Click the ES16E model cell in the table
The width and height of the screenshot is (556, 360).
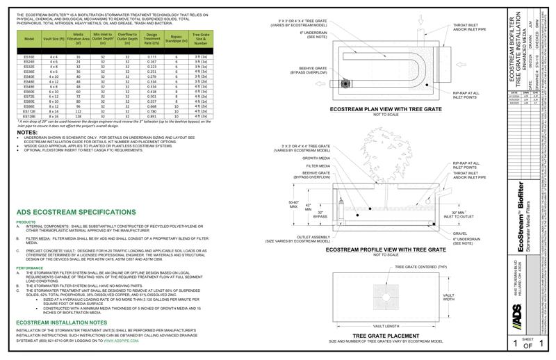(x=28, y=56)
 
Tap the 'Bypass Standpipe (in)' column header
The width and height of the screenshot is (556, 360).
(x=177, y=38)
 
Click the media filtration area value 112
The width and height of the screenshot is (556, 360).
(x=79, y=111)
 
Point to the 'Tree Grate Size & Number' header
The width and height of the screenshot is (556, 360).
(x=202, y=38)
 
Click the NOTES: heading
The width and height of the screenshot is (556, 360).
(x=28, y=132)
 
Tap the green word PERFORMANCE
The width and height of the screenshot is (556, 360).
(x=30, y=267)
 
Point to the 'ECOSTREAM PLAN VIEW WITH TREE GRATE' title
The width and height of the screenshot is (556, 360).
(x=389, y=110)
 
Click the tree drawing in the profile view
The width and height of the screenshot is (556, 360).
(x=379, y=169)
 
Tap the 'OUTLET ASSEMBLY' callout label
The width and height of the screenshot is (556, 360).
(x=311, y=237)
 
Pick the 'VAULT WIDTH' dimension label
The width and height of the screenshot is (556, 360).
(x=449, y=298)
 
